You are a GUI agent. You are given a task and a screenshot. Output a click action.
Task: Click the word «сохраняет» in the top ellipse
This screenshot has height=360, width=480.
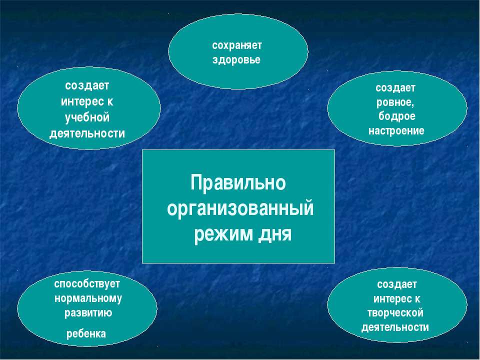pyautogui.click(x=237, y=46)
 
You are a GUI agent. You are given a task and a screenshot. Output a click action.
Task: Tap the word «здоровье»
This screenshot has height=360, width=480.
pyautogui.click(x=236, y=59)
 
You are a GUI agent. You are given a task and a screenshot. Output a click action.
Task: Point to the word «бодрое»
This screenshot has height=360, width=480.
pyautogui.click(x=396, y=116)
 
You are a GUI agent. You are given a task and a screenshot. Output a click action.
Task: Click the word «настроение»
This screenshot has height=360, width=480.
pyautogui.click(x=396, y=130)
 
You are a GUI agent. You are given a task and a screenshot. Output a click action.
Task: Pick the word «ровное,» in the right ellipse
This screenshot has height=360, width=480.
pyautogui.click(x=395, y=102)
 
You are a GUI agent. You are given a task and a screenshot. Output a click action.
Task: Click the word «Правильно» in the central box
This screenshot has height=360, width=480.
pyautogui.click(x=238, y=182)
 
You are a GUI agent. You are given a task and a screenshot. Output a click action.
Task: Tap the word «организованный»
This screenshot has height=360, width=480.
pyautogui.click(x=240, y=209)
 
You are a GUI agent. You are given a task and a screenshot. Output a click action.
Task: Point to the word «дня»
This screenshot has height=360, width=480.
pyautogui.click(x=275, y=235)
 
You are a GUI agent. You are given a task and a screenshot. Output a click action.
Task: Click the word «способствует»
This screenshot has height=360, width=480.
pyautogui.click(x=87, y=284)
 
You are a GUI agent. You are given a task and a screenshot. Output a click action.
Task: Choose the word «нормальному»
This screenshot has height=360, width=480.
pyautogui.click(x=88, y=298)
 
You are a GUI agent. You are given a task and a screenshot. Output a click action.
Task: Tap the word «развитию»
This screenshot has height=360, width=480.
pyautogui.click(x=88, y=313)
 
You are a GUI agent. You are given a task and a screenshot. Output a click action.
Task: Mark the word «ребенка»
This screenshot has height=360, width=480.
pyautogui.click(x=86, y=333)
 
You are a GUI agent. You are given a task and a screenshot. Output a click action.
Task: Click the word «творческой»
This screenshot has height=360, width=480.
pyautogui.click(x=395, y=313)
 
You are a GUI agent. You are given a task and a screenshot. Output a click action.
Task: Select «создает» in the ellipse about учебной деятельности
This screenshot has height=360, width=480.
pyautogui.click(x=87, y=85)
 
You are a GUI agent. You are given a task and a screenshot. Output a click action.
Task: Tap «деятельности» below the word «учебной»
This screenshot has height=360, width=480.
pyautogui.click(x=87, y=134)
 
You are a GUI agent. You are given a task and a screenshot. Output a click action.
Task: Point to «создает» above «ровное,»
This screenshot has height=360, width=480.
pyautogui.click(x=395, y=88)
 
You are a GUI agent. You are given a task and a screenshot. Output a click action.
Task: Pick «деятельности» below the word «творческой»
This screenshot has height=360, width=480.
pyautogui.click(x=395, y=327)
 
